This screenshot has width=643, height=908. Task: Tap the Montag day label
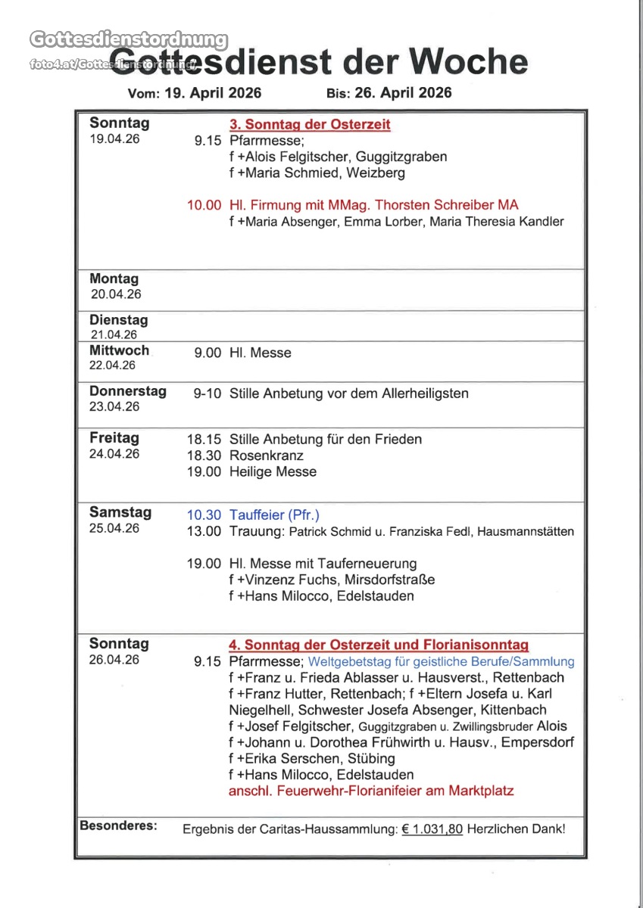(x=114, y=279)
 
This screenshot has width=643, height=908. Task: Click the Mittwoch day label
(x=119, y=351)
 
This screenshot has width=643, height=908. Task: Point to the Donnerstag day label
(x=127, y=392)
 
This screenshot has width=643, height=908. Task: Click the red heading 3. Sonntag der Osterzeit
(x=310, y=125)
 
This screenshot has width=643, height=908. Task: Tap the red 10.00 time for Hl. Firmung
(x=204, y=205)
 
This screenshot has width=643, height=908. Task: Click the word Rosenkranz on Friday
(x=266, y=456)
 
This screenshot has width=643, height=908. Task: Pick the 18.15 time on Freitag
(x=204, y=439)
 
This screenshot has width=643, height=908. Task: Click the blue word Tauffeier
(x=257, y=515)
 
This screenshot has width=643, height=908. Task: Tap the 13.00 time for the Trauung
(x=204, y=531)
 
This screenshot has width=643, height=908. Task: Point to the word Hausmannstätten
(x=529, y=532)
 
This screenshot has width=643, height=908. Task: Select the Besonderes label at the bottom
(x=118, y=826)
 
